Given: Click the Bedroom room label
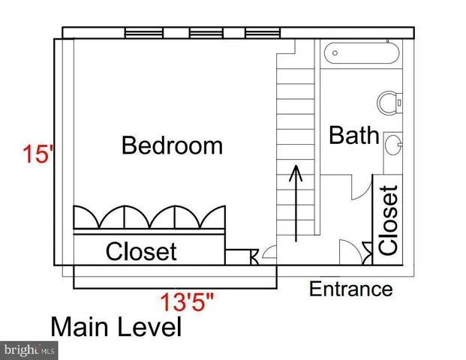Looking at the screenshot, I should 172,145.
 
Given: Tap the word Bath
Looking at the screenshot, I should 353,136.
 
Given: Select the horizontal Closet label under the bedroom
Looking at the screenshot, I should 141,252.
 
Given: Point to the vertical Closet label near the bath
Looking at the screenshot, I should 388,220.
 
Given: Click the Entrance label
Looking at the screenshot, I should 350,289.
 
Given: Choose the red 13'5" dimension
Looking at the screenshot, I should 186,304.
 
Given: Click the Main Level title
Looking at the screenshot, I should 116,328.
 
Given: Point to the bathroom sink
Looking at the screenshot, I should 392,142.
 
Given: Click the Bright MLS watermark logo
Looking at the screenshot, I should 30,349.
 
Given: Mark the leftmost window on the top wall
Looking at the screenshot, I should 144,33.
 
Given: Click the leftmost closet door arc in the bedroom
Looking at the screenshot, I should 87,217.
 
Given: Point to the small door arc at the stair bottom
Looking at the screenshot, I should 269,256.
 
